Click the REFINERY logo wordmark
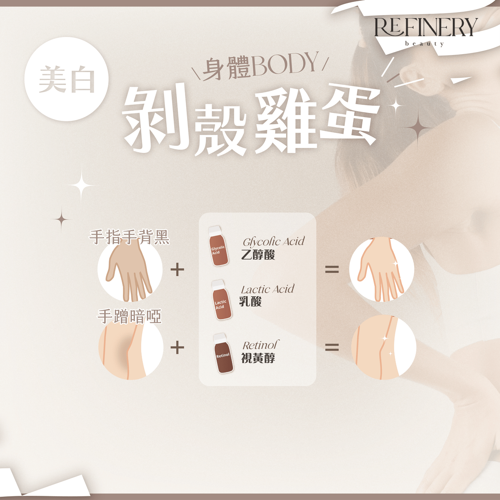[426, 27]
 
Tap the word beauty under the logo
[425, 44]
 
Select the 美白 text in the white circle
[66, 79]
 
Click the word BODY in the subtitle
[285, 65]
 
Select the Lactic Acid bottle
[221, 300]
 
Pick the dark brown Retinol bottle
[223, 353]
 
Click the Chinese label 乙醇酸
[258, 255]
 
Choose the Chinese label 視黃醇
[258, 358]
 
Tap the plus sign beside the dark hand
[177, 270]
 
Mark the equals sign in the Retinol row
[332, 347]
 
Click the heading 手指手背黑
[129, 237]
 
